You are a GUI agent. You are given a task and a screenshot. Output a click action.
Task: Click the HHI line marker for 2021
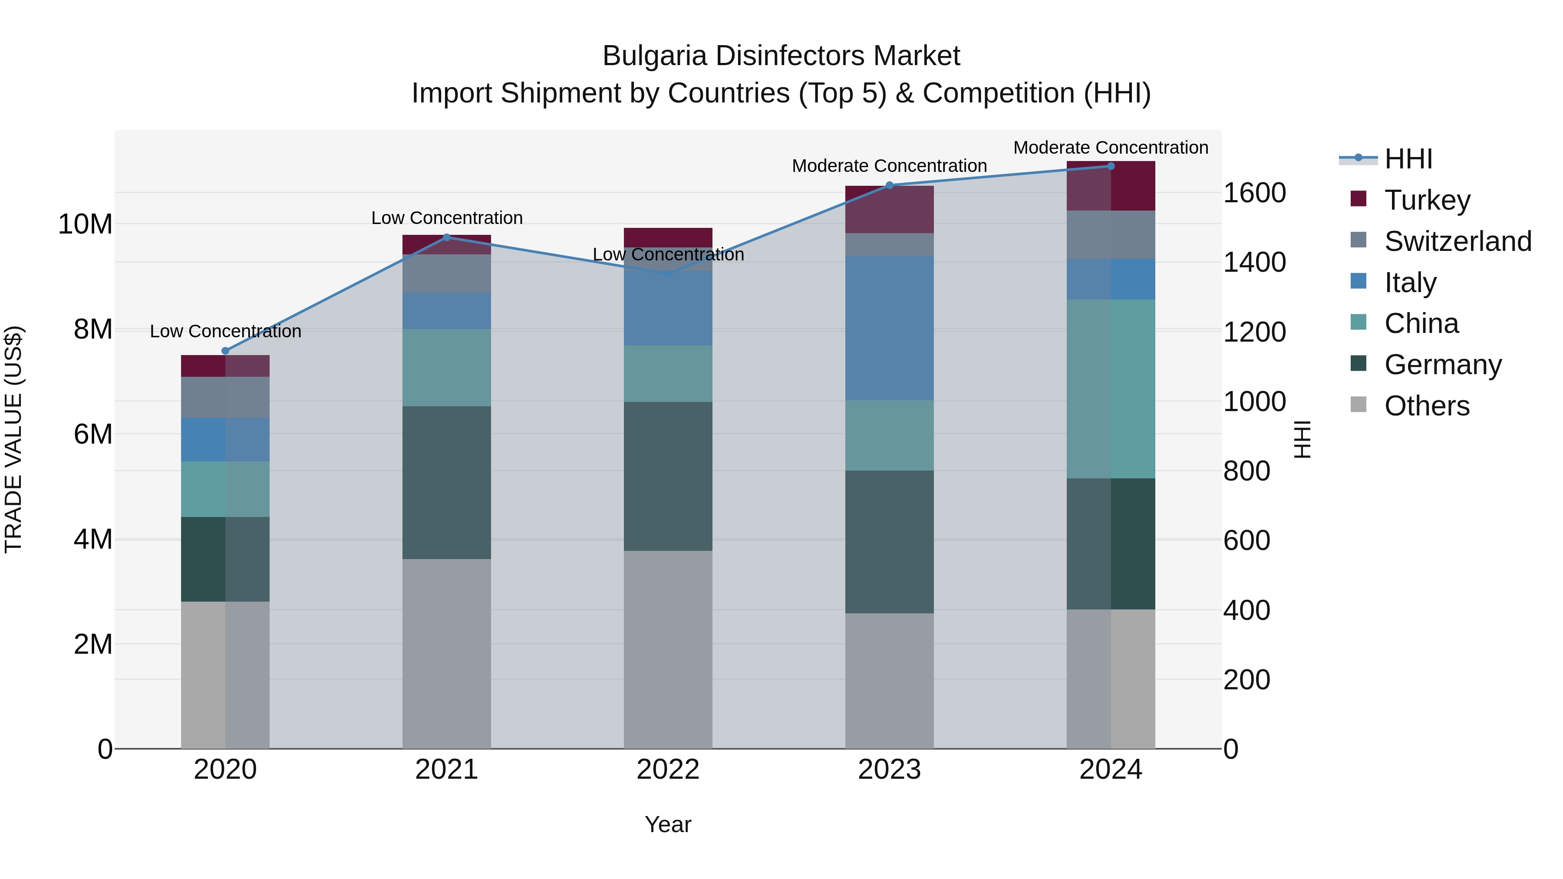pyautogui.click(x=447, y=237)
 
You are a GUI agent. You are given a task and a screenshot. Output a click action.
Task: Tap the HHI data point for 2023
pyautogui.click(x=890, y=185)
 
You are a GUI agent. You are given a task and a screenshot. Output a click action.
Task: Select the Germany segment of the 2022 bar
pyautogui.click(x=668, y=476)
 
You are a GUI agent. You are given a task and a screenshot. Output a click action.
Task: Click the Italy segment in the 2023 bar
pyautogui.click(x=890, y=328)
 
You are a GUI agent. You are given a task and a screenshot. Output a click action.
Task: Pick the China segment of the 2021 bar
pyautogui.click(x=447, y=368)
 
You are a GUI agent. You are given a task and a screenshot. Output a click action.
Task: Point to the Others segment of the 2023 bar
pyautogui.click(x=890, y=681)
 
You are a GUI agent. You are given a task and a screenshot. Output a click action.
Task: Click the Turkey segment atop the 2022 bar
pyautogui.click(x=668, y=236)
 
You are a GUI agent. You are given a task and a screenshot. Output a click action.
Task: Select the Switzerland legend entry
pyautogui.click(x=1457, y=241)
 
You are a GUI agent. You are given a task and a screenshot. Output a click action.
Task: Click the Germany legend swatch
pyautogui.click(x=1359, y=364)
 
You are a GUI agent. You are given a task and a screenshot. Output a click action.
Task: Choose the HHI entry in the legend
pyautogui.click(x=1408, y=159)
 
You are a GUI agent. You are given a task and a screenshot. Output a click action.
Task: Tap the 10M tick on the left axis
pyautogui.click(x=85, y=224)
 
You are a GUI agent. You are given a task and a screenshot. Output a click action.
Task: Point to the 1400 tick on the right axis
pyautogui.click(x=1253, y=262)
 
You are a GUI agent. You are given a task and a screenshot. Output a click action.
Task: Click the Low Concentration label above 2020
pyautogui.click(x=225, y=331)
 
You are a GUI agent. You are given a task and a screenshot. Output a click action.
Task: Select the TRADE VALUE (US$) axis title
pyautogui.click(x=13, y=439)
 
